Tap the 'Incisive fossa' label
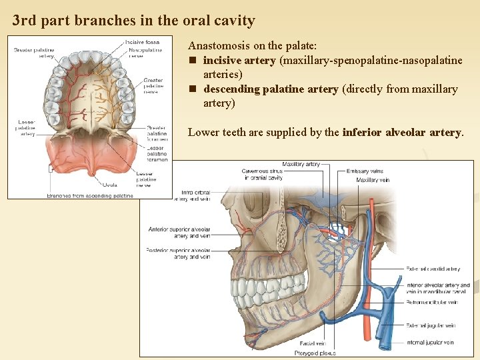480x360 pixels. tap(143, 42)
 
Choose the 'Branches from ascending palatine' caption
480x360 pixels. tap(90, 196)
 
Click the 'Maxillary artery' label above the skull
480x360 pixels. tap(301, 164)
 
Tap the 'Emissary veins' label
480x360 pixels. tap(365, 171)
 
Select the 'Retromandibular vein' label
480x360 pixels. tap(432, 302)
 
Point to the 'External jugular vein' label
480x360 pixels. tap(431, 326)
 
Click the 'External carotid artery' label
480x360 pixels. tap(433, 269)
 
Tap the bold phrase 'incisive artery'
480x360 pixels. tap(239, 61)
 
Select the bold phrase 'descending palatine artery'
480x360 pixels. tap(270, 89)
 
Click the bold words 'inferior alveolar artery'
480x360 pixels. tap(401, 132)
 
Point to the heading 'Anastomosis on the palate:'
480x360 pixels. tap(252, 46)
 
